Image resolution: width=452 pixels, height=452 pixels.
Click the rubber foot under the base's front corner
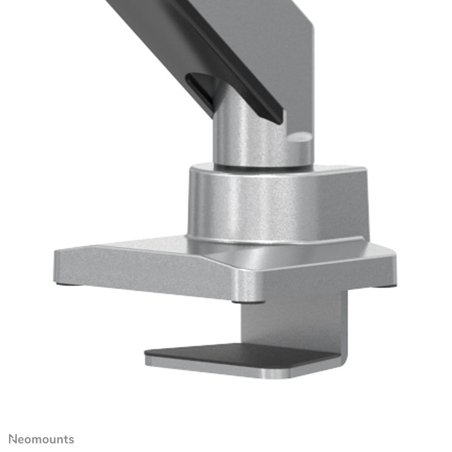click(248, 300)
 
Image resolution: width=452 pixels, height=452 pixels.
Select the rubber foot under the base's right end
click(385, 285)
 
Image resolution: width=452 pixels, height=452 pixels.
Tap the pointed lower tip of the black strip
click(278, 120)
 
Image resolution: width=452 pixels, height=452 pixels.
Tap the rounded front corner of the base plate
click(249, 284)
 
